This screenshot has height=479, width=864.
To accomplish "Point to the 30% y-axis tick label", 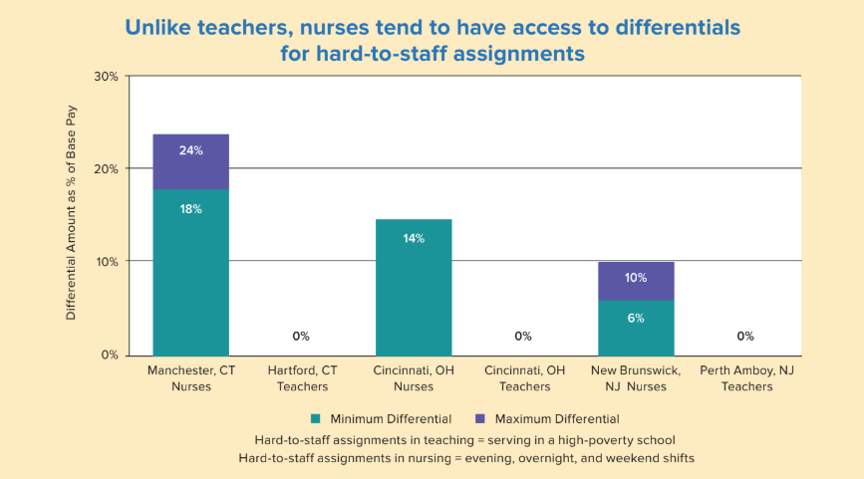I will click(107, 77).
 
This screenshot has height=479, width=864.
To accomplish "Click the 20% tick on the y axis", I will click(107, 169).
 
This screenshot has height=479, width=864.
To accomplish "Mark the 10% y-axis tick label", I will click(107, 262).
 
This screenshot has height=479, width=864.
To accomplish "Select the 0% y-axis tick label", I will click(110, 355).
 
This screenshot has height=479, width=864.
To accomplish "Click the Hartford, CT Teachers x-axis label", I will click(302, 378).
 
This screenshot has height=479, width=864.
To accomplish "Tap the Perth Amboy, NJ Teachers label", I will click(745, 378).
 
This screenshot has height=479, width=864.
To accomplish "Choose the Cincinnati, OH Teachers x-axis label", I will click(523, 378).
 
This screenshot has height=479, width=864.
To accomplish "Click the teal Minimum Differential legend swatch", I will click(317, 419).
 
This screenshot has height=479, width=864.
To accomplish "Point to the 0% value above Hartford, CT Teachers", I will click(301, 337).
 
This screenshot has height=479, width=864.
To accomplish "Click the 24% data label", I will click(190, 151).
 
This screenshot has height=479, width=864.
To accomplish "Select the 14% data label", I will click(413, 238).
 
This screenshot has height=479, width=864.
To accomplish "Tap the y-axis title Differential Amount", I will click(72, 214).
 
